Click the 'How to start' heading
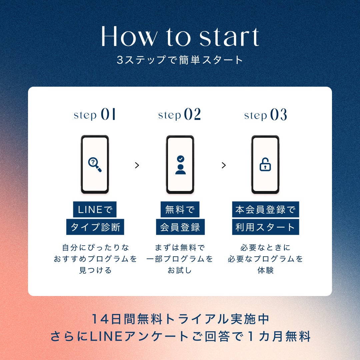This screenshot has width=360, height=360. tap(180, 36)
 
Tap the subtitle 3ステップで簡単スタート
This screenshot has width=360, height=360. tap(180, 60)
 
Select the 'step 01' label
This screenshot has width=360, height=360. tap(95, 114)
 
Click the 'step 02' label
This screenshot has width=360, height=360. tap(180, 114)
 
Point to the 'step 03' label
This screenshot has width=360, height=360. tap(266, 114)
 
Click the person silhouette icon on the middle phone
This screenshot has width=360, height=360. tap(180, 169)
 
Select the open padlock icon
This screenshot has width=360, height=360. tap(265, 164)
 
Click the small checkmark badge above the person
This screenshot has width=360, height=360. tap(180, 159)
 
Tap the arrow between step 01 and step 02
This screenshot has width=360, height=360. tap(137, 165)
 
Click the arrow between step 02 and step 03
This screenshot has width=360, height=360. tap(224, 165)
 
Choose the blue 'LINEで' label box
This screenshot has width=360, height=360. tap(95, 209)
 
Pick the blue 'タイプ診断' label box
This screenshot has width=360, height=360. tap(95, 227)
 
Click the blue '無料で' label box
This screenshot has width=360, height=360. tap(180, 209)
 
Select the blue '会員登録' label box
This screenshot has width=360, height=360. tap(180, 227)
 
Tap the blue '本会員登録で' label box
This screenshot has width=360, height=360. tap(266, 209)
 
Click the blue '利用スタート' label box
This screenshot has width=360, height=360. tap(266, 227)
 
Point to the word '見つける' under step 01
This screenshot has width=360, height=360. tap(95, 270)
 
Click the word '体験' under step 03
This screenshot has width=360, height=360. tap(266, 270)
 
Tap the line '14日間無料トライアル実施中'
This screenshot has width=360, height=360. tap(180, 319)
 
